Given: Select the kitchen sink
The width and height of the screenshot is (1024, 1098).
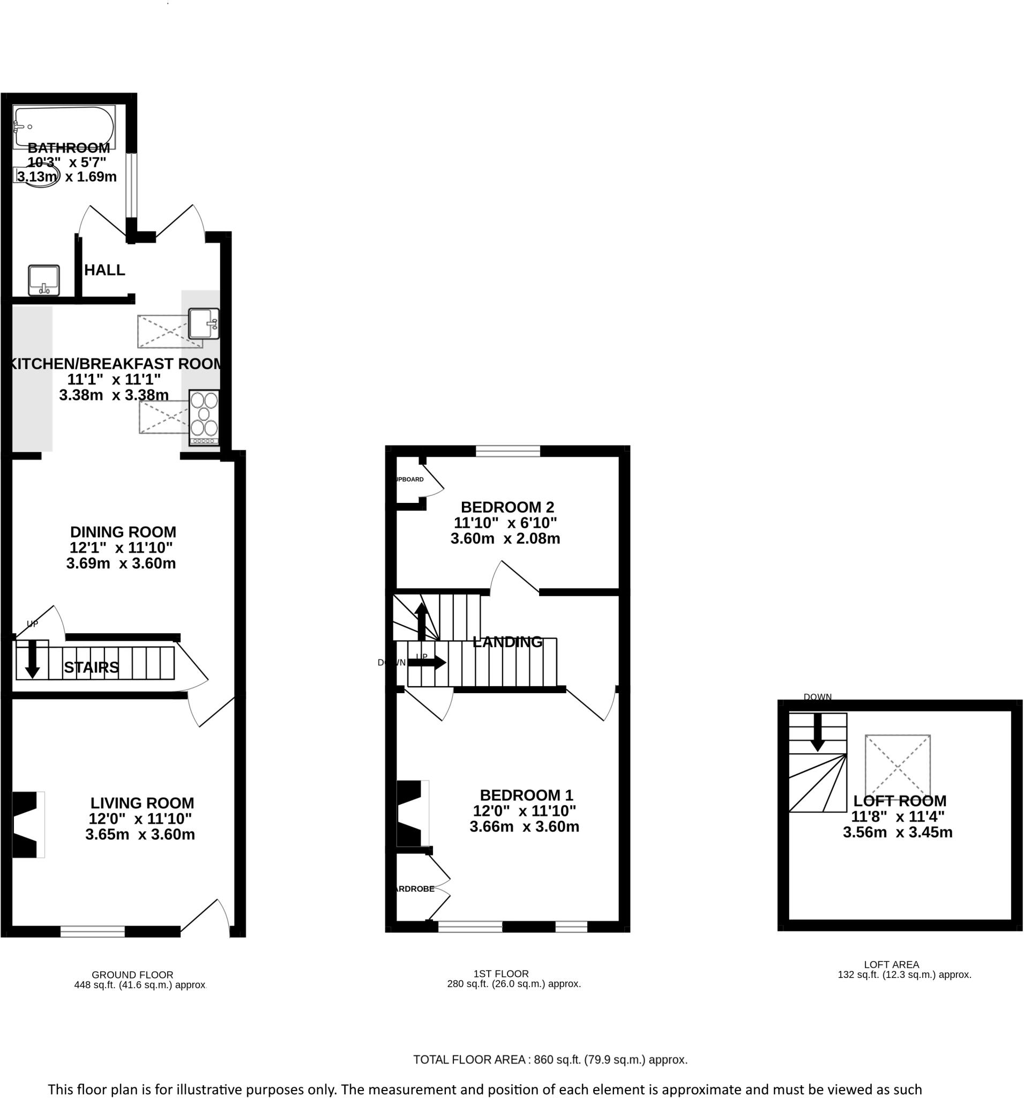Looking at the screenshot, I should (x=203, y=323).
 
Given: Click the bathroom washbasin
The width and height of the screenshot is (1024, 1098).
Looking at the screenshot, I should (x=43, y=280).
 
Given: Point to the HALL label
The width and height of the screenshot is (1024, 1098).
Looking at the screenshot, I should (x=104, y=270).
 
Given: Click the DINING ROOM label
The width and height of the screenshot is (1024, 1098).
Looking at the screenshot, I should (x=123, y=532).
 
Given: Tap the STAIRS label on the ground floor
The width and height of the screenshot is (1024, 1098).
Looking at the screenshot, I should (x=91, y=667).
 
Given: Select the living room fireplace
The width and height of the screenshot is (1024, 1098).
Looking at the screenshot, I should (x=26, y=825).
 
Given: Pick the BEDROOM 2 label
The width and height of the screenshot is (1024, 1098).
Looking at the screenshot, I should (x=507, y=507).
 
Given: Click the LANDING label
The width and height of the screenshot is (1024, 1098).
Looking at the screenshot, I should (x=507, y=642).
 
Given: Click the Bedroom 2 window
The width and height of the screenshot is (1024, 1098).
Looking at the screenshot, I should (x=507, y=451).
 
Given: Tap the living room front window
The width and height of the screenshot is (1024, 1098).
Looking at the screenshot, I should (x=92, y=931).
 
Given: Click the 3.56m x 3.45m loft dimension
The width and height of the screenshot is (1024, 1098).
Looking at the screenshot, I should (x=897, y=832).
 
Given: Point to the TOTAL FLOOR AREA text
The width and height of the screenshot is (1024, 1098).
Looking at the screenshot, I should (x=550, y=1059).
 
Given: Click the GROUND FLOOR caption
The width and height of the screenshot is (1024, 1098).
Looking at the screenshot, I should (x=132, y=975).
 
